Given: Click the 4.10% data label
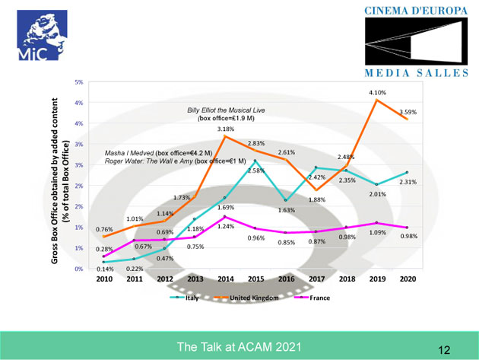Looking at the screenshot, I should click(x=379, y=92).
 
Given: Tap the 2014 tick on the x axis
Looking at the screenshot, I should click(x=224, y=279).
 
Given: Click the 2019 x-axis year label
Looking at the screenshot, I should click(x=379, y=279).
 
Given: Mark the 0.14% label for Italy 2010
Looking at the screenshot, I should click(x=106, y=269).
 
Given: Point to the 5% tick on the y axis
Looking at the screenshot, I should click(x=78, y=81).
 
